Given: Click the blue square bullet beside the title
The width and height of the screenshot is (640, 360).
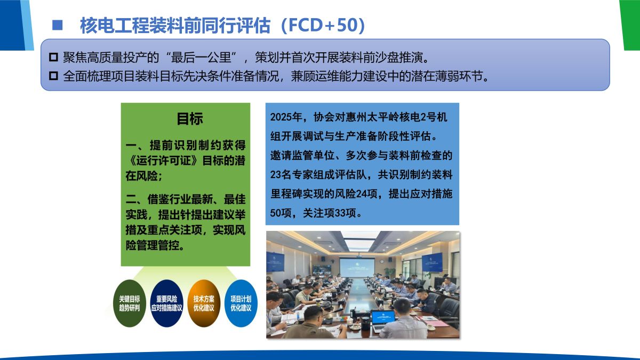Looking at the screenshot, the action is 58,25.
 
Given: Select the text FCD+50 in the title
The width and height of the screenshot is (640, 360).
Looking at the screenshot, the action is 323,25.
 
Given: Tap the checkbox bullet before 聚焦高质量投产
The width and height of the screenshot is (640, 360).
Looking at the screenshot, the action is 53,57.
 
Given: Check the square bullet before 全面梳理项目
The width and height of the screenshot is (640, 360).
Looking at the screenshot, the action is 53,76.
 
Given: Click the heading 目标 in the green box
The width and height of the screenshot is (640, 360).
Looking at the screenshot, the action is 190,118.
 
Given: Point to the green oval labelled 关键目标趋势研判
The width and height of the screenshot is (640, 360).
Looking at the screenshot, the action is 130,303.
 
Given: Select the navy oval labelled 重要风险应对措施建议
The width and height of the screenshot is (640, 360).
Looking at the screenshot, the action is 166,303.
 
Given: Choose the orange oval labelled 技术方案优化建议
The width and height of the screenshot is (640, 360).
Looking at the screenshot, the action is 204,303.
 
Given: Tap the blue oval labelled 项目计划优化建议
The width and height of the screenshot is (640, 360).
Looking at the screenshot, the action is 241,303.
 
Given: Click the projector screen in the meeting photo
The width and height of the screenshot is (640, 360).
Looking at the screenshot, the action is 357,267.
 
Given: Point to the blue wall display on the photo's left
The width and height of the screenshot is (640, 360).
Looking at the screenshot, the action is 275,262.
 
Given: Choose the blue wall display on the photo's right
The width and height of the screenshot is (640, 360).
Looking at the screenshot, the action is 433,262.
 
